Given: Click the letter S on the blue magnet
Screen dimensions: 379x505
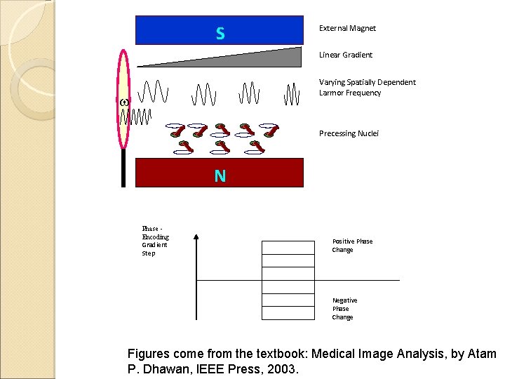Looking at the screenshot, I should coord(220,33).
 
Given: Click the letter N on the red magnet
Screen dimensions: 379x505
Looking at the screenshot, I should coord(220,175).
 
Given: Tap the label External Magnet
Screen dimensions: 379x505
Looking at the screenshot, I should coord(347,28).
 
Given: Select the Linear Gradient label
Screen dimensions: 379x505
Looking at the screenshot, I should coord(346,55).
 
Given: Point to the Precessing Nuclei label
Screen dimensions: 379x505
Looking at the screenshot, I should coord(349,133).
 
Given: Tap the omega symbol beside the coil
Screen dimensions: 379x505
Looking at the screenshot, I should coord(124,102).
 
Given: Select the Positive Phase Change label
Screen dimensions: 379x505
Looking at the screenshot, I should coord(352,246).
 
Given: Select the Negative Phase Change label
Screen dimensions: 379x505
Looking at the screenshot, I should coord(344,309).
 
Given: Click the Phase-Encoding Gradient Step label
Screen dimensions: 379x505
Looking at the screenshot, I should coord(155,241).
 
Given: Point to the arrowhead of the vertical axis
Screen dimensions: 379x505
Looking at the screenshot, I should coord(196,239).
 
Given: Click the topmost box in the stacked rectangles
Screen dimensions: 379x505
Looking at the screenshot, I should coord(288,247).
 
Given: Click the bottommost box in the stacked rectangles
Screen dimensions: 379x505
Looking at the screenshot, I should coord(288,313).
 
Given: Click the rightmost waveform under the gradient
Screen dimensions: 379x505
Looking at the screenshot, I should coord(292,93).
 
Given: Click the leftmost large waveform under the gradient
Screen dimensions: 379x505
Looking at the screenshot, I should coord(153,92).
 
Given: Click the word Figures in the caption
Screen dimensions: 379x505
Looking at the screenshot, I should coord(149,354).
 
